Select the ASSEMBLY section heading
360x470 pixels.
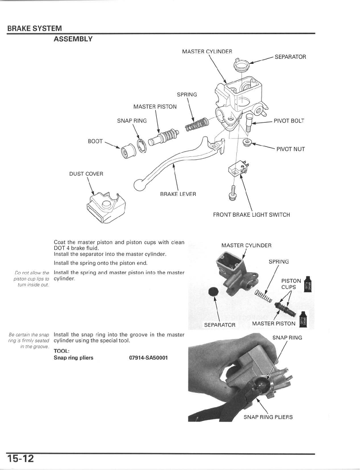[x=73, y=39]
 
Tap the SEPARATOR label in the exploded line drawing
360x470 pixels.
[x=290, y=56]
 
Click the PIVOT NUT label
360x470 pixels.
[x=290, y=149]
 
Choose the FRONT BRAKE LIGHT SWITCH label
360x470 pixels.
[x=251, y=215]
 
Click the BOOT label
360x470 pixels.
[x=95, y=141]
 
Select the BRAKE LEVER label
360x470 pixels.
[x=178, y=194]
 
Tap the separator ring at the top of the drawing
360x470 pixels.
[x=241, y=65]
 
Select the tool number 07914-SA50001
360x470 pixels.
[x=148, y=357]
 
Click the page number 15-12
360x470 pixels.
[x=20, y=458]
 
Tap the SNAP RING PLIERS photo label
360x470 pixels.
[x=268, y=417]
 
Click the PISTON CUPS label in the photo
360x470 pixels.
[x=291, y=283]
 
